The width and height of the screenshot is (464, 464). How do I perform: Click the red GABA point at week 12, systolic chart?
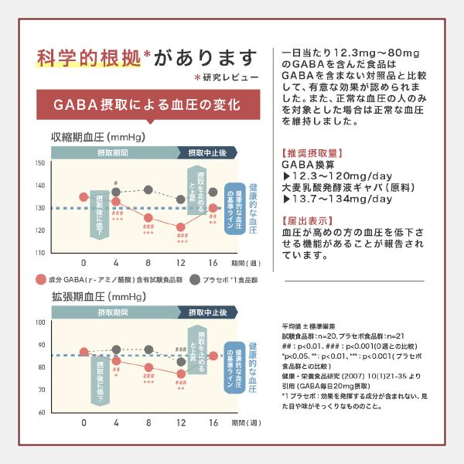coord(180,227)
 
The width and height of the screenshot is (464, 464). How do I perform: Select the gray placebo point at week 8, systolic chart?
coord(148,189)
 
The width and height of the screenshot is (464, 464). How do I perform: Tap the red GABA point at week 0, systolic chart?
coord(84,196)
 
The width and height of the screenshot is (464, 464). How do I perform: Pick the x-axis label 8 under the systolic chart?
coord(148,262)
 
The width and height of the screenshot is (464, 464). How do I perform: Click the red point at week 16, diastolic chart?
coord(213,357)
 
